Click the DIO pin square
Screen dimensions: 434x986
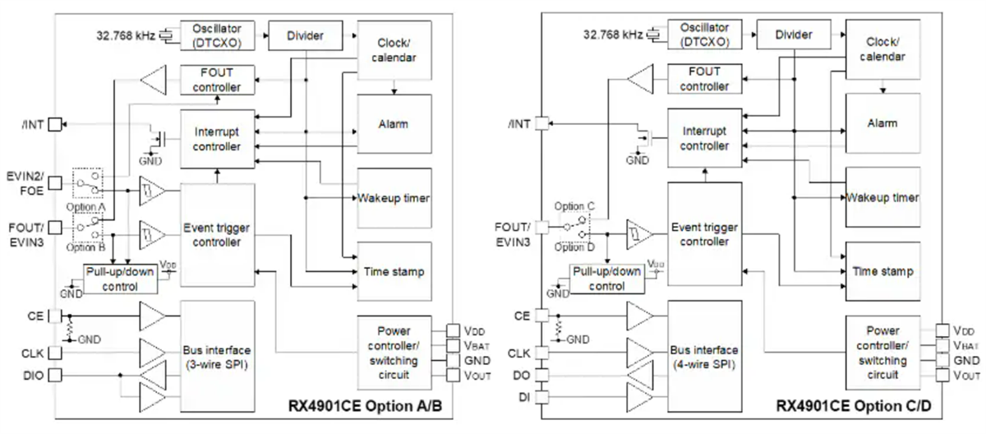point(56,376)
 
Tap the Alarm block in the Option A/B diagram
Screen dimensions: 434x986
point(393,124)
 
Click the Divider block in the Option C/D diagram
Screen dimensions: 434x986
point(794,35)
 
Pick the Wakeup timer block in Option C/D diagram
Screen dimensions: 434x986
point(882,197)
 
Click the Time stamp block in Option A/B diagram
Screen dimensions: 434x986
point(393,270)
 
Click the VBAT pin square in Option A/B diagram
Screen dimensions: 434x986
point(454,345)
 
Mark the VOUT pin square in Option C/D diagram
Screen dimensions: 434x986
point(942,375)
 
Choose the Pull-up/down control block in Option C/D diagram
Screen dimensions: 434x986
point(609,279)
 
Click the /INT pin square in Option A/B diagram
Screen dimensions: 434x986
point(56,124)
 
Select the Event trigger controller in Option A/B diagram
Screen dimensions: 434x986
point(218,235)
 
